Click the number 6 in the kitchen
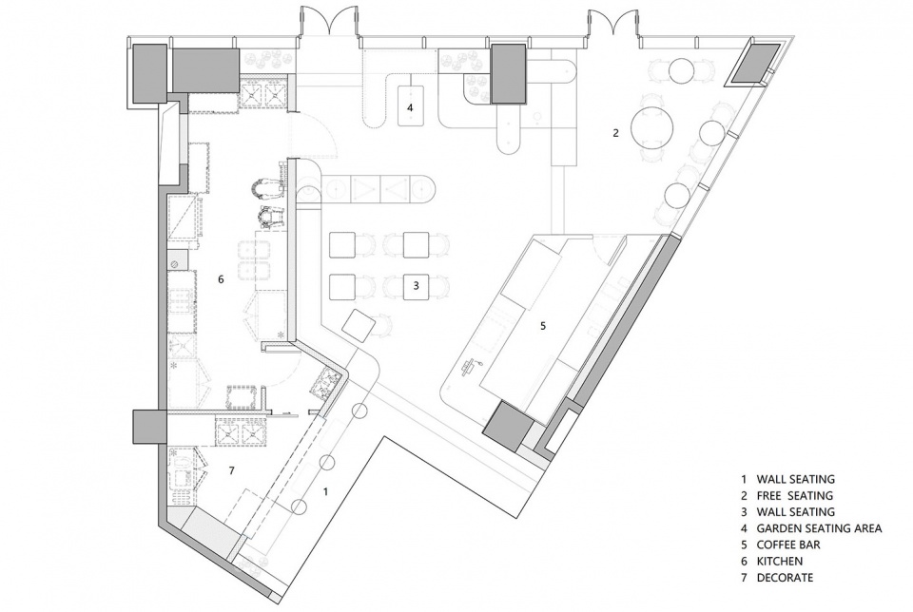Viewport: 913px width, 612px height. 221,279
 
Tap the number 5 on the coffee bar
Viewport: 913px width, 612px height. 543,326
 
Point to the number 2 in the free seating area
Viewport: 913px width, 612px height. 615,133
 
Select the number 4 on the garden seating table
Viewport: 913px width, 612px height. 410,107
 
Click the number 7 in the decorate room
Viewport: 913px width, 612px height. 231,470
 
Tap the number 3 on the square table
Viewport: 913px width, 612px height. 416,286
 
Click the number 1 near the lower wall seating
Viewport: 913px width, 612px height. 325,491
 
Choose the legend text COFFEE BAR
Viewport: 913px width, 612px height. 788,545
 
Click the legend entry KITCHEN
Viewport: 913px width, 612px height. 780,562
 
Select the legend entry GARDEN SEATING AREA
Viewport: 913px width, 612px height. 819,528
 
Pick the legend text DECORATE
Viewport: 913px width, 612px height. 785,578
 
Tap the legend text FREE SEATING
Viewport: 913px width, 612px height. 795,496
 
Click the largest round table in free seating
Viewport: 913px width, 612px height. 652,127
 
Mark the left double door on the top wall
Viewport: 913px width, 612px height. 330,23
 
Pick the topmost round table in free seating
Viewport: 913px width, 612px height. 680,71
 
